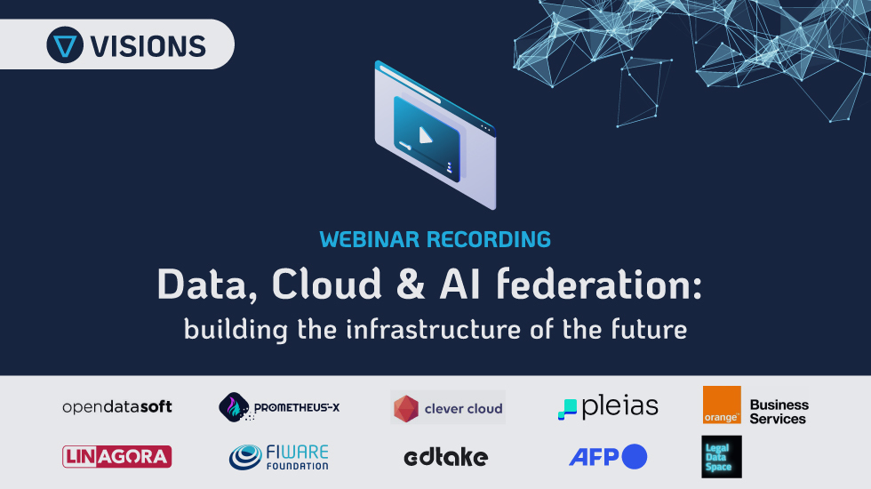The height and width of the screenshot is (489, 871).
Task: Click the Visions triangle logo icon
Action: click(65, 45)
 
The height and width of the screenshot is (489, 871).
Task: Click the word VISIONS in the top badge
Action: click(148, 46)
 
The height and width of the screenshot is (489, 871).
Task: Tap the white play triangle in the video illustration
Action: click(425, 135)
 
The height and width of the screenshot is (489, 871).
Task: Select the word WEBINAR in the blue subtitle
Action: click(370, 239)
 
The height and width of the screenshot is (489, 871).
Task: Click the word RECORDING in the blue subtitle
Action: click(489, 239)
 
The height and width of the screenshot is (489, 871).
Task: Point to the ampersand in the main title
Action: click(411, 284)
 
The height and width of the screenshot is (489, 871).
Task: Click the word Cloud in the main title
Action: click(327, 284)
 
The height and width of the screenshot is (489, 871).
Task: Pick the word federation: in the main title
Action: click(599, 284)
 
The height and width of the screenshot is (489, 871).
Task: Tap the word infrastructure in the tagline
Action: click(434, 329)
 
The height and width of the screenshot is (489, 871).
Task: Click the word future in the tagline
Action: click(650, 329)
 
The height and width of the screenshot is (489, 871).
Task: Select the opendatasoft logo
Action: click(117, 407)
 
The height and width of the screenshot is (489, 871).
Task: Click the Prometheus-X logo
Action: click(279, 407)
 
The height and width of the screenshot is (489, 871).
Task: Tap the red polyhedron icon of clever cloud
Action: click(406, 408)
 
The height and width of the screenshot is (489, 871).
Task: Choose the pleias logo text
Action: click(620, 406)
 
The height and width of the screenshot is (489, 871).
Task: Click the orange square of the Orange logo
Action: click(722, 405)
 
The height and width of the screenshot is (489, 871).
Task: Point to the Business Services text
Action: click(779, 412)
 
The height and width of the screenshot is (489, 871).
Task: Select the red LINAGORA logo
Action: click(116, 457)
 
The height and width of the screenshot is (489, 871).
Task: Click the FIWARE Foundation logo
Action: click(279, 457)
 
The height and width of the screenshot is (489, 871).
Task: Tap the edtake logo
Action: click(446, 457)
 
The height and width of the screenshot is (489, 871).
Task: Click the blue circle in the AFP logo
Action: click(635, 457)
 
